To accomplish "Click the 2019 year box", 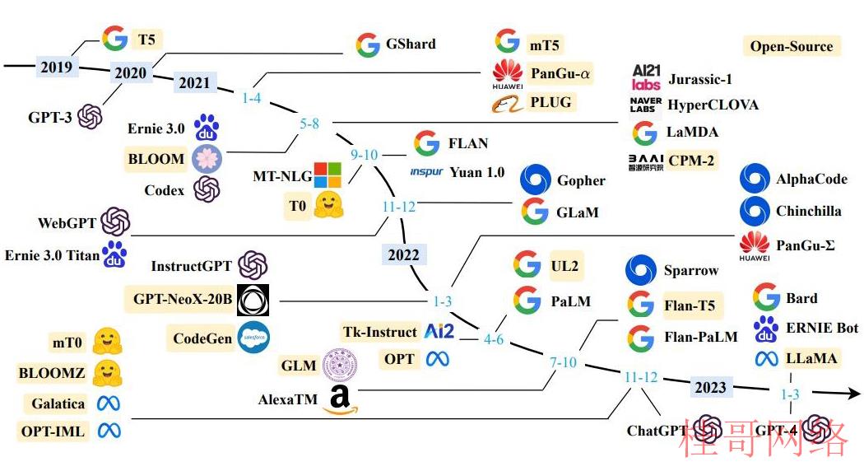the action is (x=56, y=67).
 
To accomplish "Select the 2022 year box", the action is (x=404, y=254).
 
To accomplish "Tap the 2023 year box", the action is (x=710, y=387).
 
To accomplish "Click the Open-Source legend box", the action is (x=792, y=46).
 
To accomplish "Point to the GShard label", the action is (x=411, y=44).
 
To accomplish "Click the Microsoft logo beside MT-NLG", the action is (x=327, y=175).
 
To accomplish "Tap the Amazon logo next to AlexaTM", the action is (x=340, y=400).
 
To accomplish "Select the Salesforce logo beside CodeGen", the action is (x=253, y=337).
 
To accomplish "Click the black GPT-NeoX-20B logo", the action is (x=253, y=301).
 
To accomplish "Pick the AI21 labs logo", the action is (x=646, y=77).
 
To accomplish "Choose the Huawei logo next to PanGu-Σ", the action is (x=755, y=246).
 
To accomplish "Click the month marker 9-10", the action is (x=365, y=155).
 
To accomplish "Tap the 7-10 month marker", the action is (x=563, y=362).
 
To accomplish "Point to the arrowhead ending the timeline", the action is (x=853, y=394).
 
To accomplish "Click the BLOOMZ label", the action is (x=52, y=373).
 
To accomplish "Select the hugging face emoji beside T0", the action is (x=328, y=204).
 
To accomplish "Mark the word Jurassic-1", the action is (x=699, y=79).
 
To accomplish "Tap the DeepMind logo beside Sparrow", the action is (x=641, y=270).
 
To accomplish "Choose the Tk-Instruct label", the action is (x=380, y=332).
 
